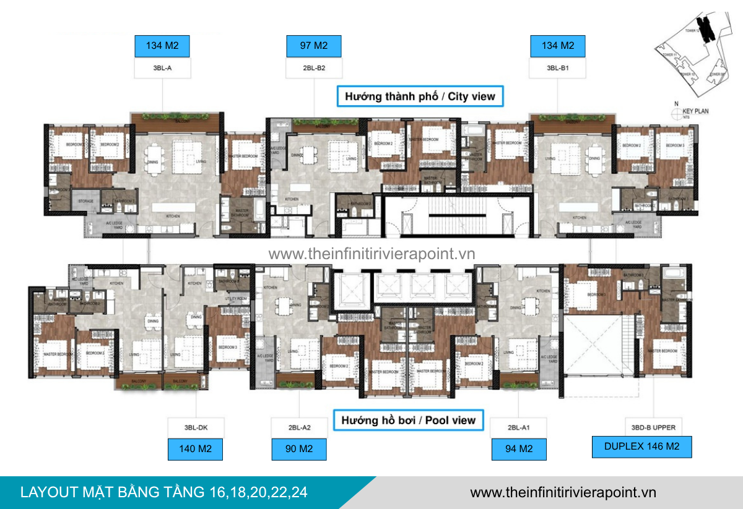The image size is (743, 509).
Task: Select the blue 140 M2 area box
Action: point(196,449)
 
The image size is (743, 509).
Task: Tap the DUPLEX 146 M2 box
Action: point(641,447)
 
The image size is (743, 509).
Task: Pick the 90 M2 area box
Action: point(299,449)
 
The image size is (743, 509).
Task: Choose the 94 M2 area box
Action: point(519,449)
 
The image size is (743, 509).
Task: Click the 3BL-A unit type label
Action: point(162,68)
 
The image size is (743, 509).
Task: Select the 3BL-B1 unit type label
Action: point(558,68)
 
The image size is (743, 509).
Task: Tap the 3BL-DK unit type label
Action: point(196,427)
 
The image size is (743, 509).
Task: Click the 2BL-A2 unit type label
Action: point(299,427)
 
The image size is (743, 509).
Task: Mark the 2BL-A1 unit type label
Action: point(519,427)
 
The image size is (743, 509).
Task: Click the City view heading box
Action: point(420,96)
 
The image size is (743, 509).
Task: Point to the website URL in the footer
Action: point(563,492)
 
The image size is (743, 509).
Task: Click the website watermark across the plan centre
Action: point(371,254)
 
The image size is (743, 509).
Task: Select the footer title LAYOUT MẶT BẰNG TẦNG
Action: point(163,492)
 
